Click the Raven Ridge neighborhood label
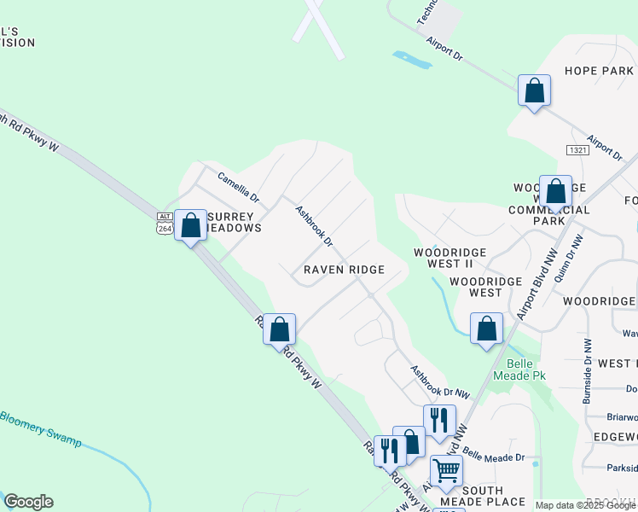coord(345,270)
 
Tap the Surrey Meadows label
coord(232,222)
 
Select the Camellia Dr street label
coord(238,188)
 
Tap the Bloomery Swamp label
coord(39,429)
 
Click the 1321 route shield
coord(577,150)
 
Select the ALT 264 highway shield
coord(165,224)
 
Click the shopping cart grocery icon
coord(446,469)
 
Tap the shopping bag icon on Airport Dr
coord(534,90)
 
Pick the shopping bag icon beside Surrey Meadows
coord(191,225)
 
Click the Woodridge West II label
coord(449,258)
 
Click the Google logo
coord(28,502)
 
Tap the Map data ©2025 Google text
coord(585,505)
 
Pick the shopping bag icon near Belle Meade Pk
coord(486,329)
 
